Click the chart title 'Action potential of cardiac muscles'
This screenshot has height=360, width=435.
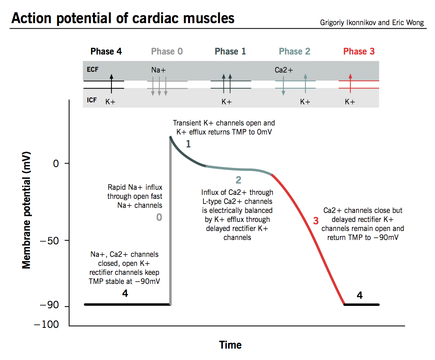(123, 18)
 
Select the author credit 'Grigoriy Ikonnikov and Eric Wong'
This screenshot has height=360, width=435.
(372, 22)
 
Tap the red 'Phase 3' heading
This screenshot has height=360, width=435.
(359, 51)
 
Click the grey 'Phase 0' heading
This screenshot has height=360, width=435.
(167, 51)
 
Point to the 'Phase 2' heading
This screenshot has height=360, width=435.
(294, 51)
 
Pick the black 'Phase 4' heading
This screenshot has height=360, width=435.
(106, 51)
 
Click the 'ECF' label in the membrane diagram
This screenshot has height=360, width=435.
(93, 69)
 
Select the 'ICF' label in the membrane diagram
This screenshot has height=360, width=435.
(92, 100)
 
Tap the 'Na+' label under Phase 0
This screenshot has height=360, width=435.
(159, 71)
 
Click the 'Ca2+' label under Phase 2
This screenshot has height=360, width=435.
(284, 71)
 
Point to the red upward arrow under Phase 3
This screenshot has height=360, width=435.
(351, 83)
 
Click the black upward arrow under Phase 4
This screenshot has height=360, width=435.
(111, 83)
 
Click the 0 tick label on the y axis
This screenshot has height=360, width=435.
(56, 163)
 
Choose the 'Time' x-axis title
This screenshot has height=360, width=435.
(230, 345)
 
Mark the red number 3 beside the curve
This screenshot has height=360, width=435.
(316, 221)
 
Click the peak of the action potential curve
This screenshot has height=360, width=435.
(171, 137)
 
